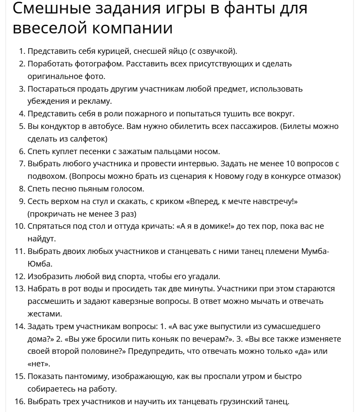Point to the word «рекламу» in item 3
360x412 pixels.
(85, 101)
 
